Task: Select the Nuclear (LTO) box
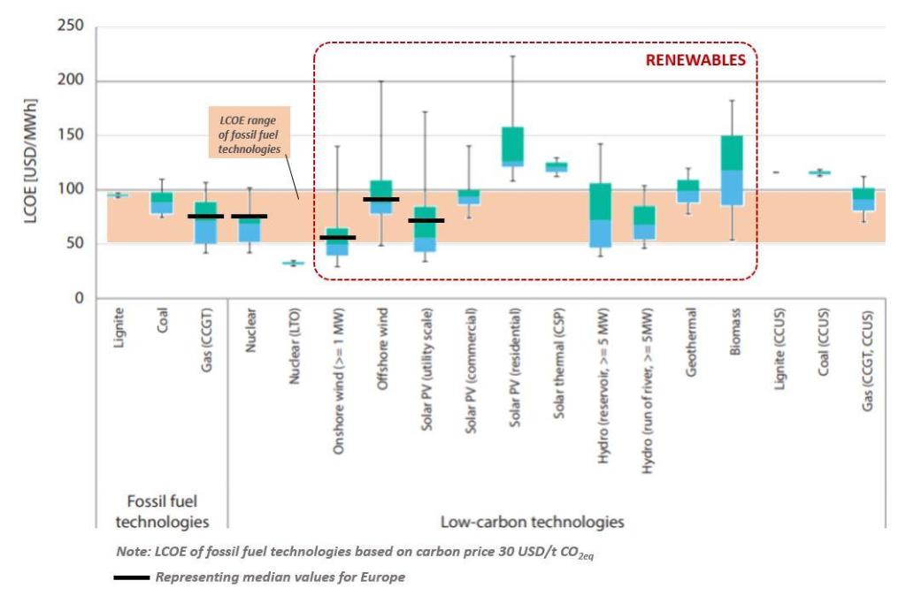click(x=294, y=263)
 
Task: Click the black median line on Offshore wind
click(x=380, y=200)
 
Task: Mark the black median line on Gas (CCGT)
click(x=205, y=216)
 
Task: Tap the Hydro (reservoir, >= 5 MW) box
click(x=600, y=215)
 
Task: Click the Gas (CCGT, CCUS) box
click(x=863, y=199)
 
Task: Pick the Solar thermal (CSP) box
click(x=557, y=166)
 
